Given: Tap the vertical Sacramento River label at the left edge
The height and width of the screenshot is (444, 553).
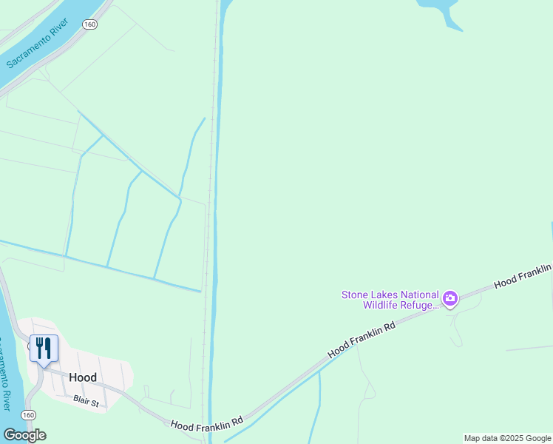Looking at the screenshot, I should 6,374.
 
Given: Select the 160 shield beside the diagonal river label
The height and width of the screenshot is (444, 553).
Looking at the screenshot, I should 89,24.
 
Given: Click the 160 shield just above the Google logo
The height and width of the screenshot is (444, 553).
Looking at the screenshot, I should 28,415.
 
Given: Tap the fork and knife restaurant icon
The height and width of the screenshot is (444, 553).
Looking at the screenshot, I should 44,348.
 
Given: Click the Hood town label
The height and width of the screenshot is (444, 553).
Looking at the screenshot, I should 83,377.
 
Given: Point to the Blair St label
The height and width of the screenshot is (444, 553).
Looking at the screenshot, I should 86,399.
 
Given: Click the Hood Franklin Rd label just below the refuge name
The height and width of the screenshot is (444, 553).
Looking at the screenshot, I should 362,339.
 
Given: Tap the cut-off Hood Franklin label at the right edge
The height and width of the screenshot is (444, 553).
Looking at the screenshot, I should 523,276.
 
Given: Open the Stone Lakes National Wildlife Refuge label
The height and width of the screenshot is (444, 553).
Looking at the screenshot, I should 390,299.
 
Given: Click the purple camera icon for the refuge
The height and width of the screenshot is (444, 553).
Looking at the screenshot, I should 449,299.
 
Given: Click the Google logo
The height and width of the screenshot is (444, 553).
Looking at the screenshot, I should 24,435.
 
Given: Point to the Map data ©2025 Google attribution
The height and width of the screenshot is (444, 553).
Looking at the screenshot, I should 507,438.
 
